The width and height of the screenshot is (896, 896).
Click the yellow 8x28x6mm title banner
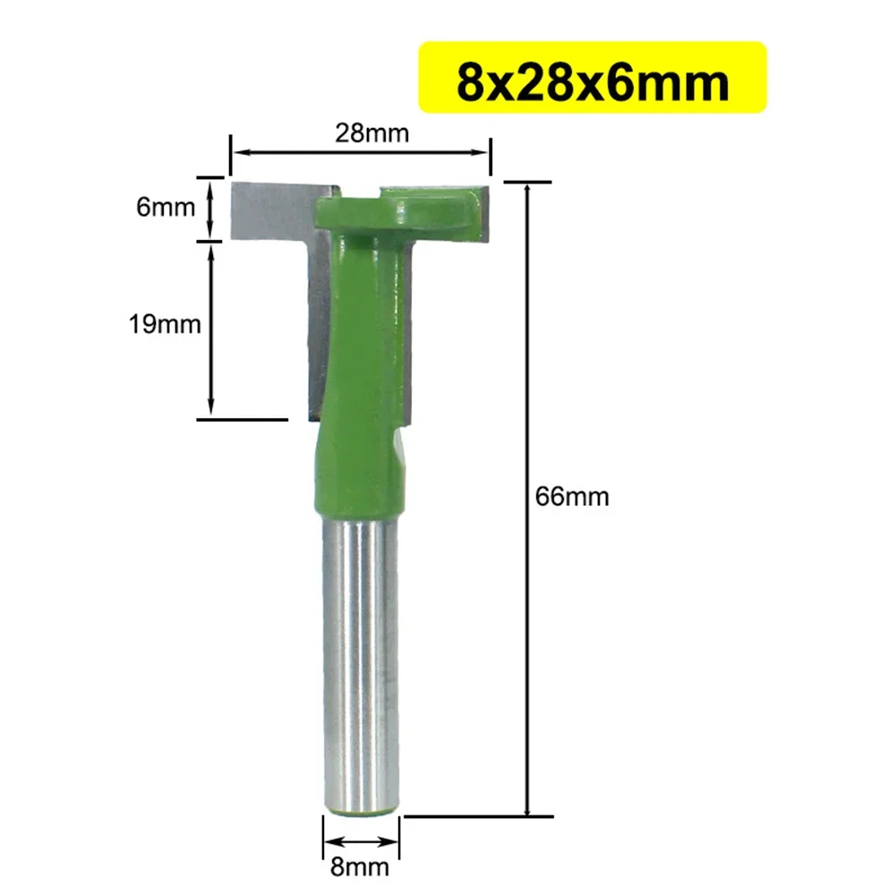592,78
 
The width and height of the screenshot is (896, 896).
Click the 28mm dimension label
371,133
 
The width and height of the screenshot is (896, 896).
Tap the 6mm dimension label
166,208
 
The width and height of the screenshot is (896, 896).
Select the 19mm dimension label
165,323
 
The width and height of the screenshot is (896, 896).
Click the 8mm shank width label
361,866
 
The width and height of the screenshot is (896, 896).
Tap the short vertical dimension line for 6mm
211,208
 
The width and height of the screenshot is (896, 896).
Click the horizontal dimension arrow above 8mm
361,842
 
